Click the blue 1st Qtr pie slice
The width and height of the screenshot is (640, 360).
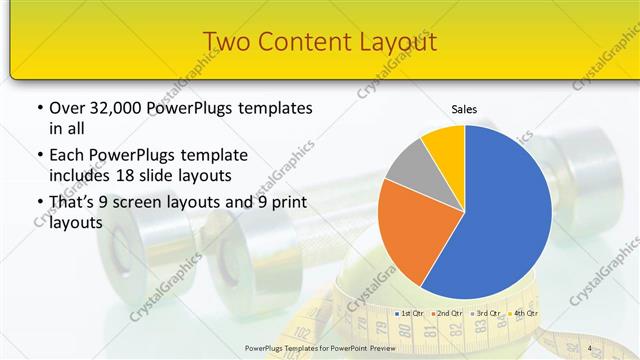point(500,210)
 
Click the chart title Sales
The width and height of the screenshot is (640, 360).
point(464,108)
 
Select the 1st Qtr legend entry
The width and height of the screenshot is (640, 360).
point(412,314)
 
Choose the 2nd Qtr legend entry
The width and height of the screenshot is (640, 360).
point(447,314)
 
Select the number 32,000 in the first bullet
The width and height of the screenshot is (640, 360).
point(116,108)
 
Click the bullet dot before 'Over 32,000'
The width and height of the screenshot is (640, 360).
point(39,108)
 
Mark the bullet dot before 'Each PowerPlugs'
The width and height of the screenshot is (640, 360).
point(39,156)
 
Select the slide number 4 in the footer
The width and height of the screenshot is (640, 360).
point(590,348)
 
